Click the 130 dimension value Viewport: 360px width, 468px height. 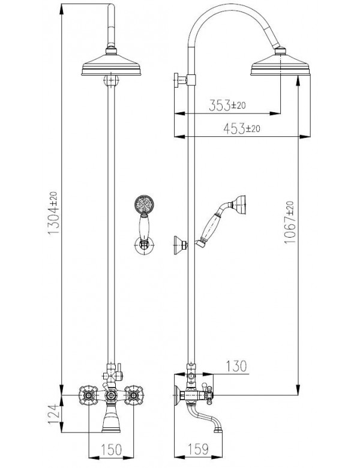point(235,365)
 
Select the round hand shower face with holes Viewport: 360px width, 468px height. point(142,204)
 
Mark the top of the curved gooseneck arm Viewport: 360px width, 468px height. point(234,9)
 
